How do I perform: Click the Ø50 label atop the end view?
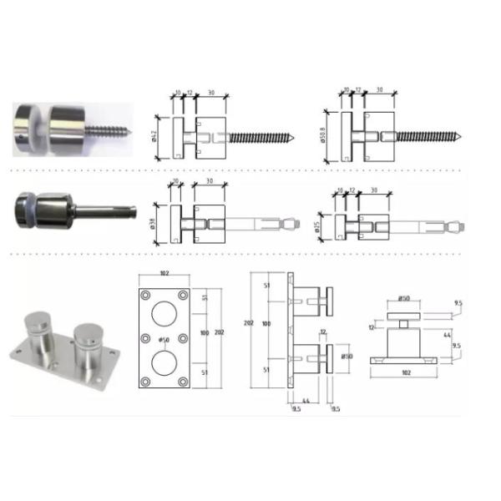[403, 298]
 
